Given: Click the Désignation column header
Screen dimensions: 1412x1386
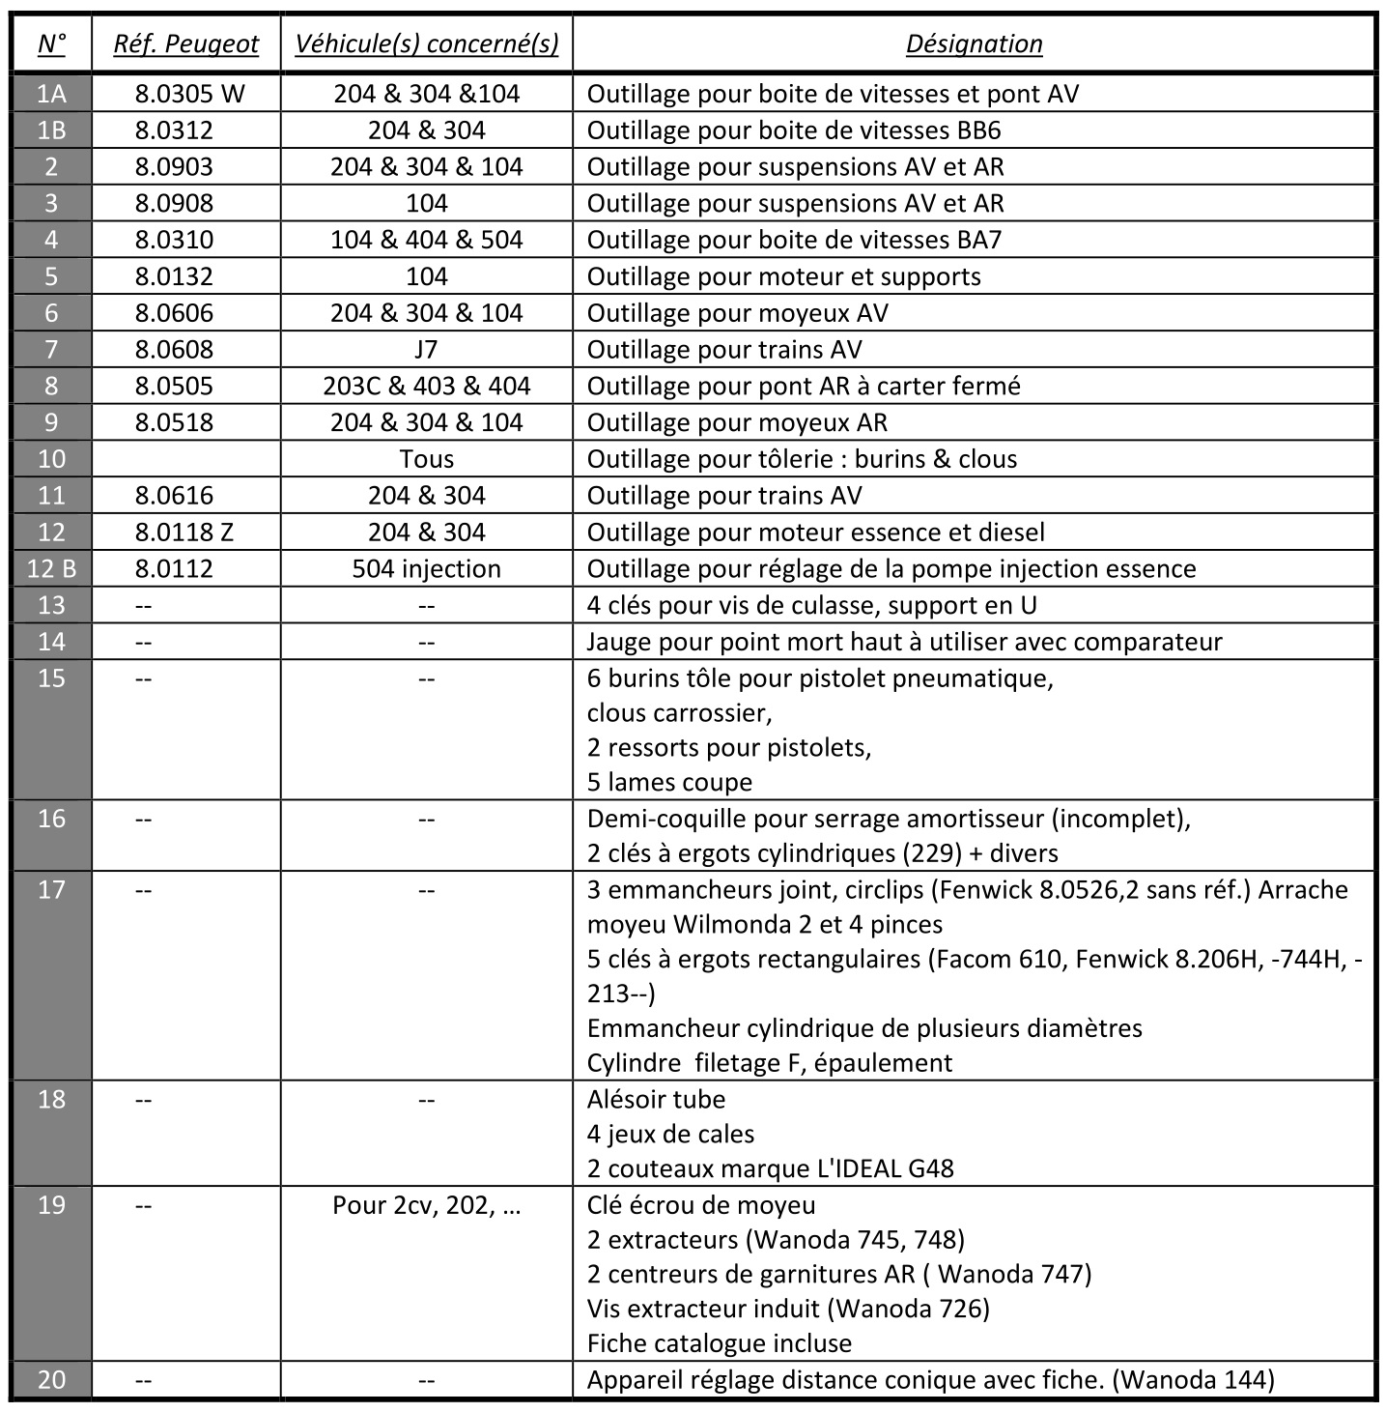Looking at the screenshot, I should (974, 44).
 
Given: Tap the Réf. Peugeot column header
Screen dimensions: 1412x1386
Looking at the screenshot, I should (186, 44).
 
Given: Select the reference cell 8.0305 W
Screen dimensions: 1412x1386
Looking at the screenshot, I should (189, 94).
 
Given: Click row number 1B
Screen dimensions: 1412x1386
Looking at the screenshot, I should (51, 130).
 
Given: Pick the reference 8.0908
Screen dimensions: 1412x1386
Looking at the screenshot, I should (174, 203).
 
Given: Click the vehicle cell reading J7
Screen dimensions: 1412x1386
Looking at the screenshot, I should (426, 349).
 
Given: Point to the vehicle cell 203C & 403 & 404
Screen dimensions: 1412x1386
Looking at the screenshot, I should (426, 386).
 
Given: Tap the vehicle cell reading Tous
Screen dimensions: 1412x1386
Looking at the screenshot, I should (426, 459).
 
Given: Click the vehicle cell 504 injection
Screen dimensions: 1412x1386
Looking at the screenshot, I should (426, 568).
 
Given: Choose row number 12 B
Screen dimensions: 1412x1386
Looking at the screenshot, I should (51, 568).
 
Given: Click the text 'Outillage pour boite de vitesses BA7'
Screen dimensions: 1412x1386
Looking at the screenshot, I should (794, 240).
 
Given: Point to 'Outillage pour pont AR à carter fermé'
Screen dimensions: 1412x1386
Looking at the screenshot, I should (804, 386).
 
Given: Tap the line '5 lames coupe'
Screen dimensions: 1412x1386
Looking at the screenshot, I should (669, 782).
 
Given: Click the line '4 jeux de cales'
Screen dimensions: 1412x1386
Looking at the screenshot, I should (670, 1134).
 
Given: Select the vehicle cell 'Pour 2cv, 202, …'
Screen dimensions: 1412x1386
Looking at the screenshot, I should (426, 1205).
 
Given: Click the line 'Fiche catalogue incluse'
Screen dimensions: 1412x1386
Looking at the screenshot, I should (719, 1343).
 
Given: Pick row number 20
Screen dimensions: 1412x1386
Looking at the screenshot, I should (51, 1379).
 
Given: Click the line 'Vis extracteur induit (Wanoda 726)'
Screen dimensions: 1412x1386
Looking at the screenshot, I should (788, 1309).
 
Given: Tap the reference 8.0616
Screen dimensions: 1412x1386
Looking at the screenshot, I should (174, 496).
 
